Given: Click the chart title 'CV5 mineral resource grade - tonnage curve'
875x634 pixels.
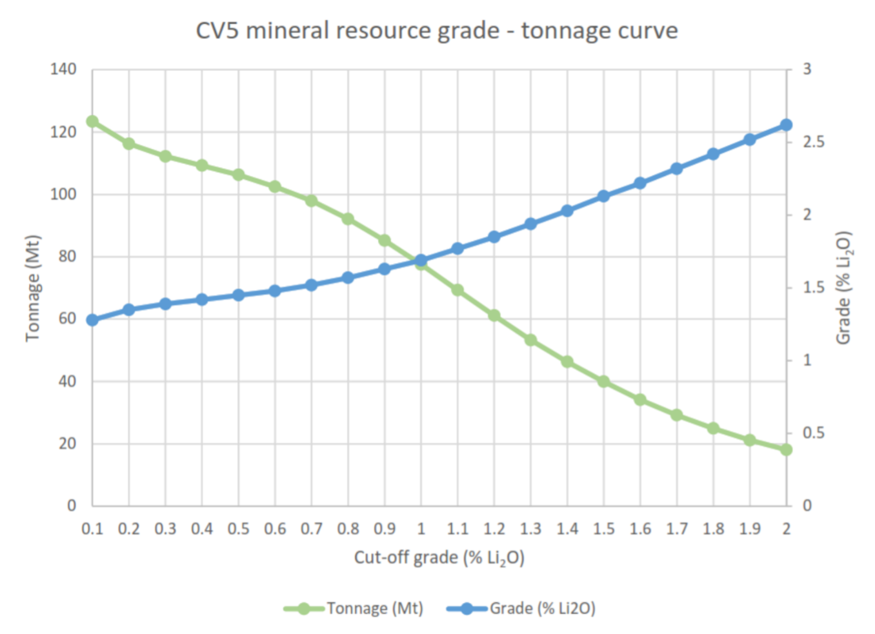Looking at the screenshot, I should (437, 31).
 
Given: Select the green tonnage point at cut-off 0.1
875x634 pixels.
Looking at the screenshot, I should (92, 121).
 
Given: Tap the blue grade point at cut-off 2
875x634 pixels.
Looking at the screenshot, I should (786, 125).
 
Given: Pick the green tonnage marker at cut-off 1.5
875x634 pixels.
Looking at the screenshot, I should (603, 382).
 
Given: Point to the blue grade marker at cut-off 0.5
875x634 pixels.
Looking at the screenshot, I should (238, 295).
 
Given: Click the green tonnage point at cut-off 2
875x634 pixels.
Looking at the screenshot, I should (786, 450).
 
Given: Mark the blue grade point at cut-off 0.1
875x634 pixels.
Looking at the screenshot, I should (92, 320).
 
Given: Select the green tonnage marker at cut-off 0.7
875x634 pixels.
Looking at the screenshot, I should (311, 201).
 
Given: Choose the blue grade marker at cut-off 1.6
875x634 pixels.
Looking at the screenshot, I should (640, 183).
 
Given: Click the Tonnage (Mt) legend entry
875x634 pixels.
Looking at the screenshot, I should (354, 608).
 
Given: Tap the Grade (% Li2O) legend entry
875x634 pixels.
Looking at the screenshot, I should (521, 608).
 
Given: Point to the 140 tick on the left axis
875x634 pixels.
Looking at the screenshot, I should (63, 69).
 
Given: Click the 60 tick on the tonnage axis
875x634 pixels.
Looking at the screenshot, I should (67, 319).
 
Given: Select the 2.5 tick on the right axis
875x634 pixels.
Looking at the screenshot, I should (813, 142).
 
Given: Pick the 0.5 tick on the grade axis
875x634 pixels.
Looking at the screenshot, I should (813, 433).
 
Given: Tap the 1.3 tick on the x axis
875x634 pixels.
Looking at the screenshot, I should (530, 529).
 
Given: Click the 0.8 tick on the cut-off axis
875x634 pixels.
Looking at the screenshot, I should (348, 529).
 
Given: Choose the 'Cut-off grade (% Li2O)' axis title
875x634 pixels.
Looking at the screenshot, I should (439, 558).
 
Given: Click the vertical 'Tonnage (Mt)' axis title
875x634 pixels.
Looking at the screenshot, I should (33, 288).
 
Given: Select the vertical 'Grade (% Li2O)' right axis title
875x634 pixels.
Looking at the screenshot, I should (844, 288).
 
